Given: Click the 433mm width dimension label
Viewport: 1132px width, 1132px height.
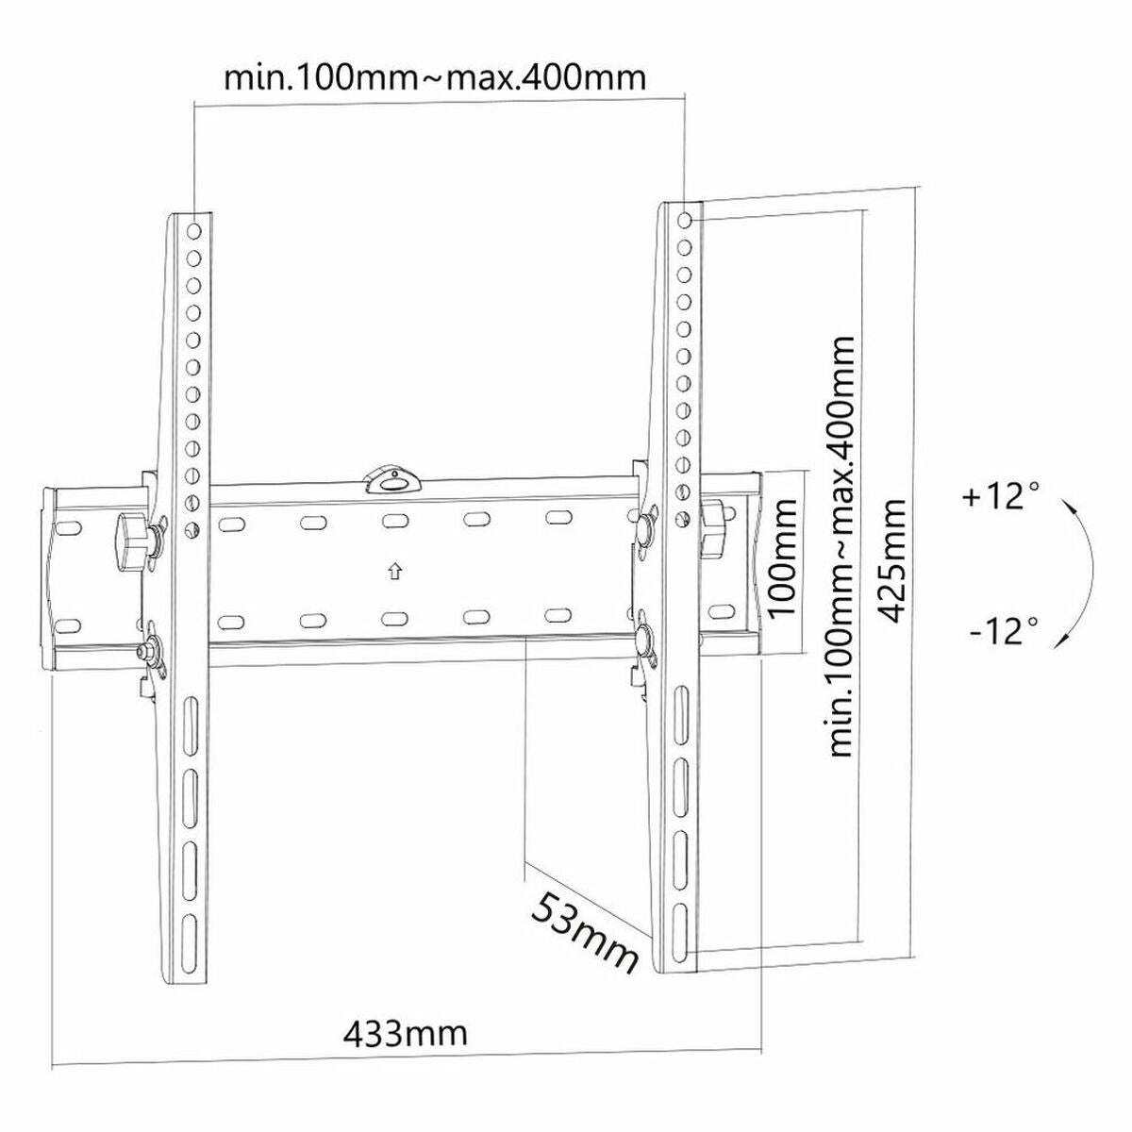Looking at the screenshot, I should [x=405, y=1034].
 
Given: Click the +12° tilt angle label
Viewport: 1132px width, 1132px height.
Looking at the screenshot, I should [x=1001, y=496].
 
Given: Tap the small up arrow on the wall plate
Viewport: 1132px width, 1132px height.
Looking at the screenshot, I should [x=394, y=572].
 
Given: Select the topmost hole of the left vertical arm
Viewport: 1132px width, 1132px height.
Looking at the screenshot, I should [x=192, y=230].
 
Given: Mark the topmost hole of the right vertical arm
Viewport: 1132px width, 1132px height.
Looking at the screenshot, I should [x=686, y=219].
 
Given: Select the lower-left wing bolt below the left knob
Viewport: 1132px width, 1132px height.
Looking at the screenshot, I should [x=147, y=651].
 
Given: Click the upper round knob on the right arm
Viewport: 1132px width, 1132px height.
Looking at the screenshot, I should [x=647, y=525].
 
